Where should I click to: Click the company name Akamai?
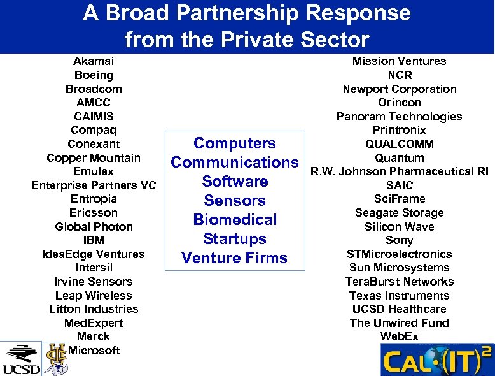point(94,61)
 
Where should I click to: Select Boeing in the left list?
point(94,75)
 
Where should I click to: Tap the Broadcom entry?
point(94,89)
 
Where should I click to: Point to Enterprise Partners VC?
point(94,185)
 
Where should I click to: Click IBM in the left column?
point(94,240)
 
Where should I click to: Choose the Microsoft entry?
point(94,351)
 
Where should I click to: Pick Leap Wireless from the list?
point(94,295)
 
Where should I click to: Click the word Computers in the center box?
point(234,143)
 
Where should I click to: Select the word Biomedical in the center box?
point(234,220)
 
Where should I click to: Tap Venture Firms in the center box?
point(234,258)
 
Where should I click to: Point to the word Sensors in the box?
point(234,201)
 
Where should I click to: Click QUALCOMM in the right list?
point(399,144)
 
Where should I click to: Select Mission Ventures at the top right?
point(399,61)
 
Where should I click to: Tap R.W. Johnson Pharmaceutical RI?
point(399,171)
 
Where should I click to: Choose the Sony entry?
point(399,240)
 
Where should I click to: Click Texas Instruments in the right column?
point(399,295)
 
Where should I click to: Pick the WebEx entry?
point(399,336)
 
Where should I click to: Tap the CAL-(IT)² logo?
point(436,360)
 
